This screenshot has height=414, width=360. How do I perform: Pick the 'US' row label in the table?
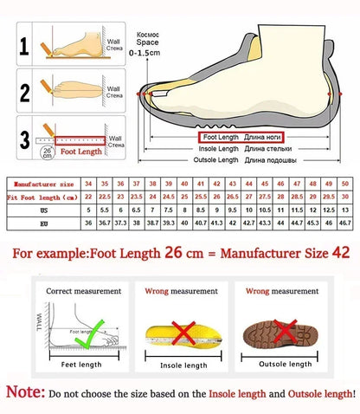pyautogui.click(x=41, y=210)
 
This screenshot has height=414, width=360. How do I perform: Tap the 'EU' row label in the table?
pyautogui.click(x=41, y=223)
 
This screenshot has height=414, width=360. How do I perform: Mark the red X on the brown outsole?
pyautogui.click(x=280, y=331)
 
